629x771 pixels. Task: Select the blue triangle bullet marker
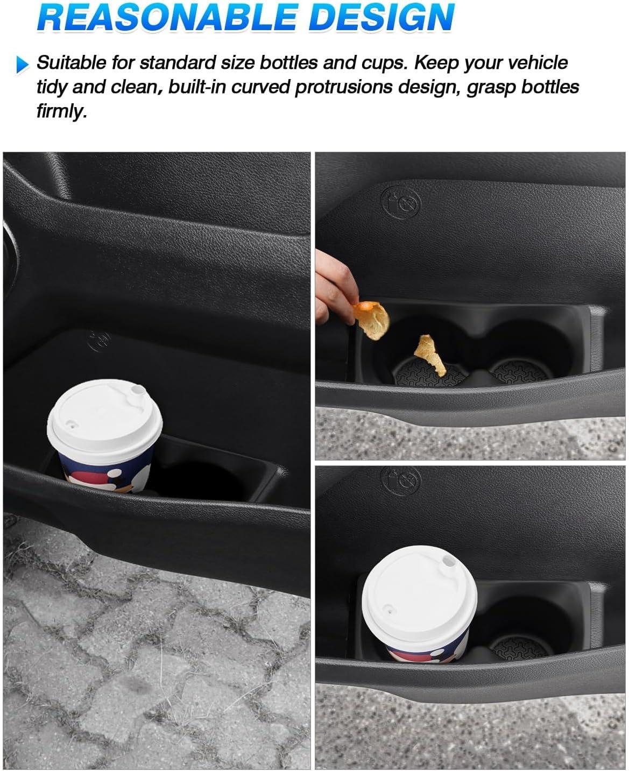tap(23, 65)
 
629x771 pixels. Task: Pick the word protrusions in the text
tap(343, 88)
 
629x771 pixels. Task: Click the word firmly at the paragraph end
tap(61, 111)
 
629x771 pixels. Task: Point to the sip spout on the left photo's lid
tap(138, 391)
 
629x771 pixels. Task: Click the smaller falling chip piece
tap(430, 355)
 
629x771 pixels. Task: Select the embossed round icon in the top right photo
tap(401, 202)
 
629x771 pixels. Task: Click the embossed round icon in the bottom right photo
tap(401, 480)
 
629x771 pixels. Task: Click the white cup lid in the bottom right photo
tap(420, 599)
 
